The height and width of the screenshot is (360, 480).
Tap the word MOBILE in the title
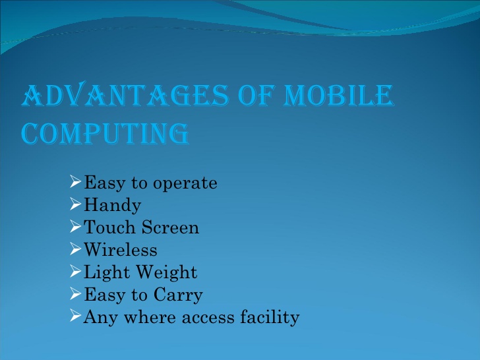coord(339,96)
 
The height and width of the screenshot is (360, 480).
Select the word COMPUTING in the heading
coord(105,133)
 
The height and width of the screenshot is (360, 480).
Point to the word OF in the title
coord(256,96)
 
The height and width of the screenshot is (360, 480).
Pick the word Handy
coord(112,206)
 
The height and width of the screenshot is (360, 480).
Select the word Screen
coord(171,227)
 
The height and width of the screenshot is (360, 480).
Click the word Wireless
coord(121,249)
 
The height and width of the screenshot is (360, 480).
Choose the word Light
coord(107,272)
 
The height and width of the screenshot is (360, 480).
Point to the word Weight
coord(167,272)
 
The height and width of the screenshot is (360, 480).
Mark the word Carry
coord(178,295)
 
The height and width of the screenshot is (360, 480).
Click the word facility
coord(270,317)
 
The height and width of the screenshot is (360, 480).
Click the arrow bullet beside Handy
coord(76,204)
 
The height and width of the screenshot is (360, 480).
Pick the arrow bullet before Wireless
coord(76,249)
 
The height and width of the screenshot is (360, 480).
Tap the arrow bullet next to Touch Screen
coord(76,226)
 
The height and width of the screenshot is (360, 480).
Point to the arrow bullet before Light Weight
coord(76,271)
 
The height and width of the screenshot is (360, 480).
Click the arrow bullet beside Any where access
coord(76,315)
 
